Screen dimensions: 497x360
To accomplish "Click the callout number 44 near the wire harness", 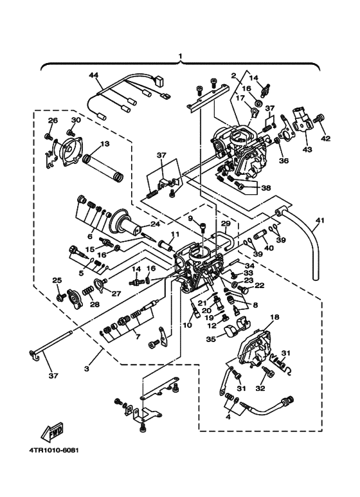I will pos(94,76).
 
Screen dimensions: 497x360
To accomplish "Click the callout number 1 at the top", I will pos(181,57).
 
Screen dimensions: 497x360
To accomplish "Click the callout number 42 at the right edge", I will pos(325,138).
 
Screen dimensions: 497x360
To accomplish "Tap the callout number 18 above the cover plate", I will pos(274,318).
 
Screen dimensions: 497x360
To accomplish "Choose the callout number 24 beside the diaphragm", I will pos(155,224).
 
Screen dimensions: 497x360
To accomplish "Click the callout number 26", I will pos(53,120).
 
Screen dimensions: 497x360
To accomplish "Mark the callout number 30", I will pos(76,120).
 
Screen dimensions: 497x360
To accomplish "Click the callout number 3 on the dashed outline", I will pos(86,368).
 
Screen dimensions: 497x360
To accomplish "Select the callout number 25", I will pos(57,280).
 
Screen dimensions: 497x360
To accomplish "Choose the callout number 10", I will pos(187,326).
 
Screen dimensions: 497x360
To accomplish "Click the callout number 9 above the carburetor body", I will pos(190,219).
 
